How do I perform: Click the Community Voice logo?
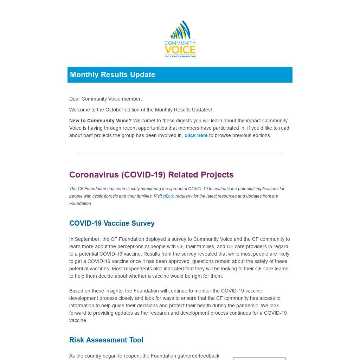[180, 39]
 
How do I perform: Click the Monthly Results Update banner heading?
[112, 75]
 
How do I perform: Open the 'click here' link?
[196, 135]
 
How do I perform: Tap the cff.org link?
[168, 196]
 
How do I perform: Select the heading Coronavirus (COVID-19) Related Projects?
[151, 175]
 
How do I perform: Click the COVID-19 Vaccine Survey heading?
[112, 223]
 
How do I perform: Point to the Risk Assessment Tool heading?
[106, 340]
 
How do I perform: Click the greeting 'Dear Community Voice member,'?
[105, 99]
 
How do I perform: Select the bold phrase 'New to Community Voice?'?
[100, 121]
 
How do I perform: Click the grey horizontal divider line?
[180, 154]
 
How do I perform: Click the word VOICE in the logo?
[180, 50]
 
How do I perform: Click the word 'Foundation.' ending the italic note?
[81, 204]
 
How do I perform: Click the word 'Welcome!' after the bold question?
[144, 121]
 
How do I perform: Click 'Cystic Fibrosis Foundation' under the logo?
[180, 56]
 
